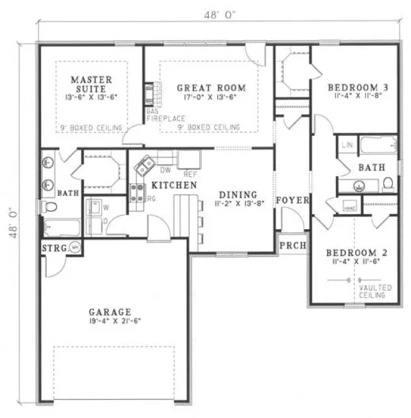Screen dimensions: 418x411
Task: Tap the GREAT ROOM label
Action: click(x=211, y=88)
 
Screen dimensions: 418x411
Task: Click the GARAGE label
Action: click(x=110, y=311)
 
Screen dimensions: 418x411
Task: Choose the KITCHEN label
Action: click(x=173, y=186)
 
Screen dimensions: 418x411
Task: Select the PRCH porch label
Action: click(x=289, y=244)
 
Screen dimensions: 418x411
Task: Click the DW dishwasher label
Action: click(x=166, y=170)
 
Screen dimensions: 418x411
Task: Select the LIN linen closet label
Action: click(x=347, y=145)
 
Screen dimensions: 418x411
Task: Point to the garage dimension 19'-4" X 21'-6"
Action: click(x=110, y=320)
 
